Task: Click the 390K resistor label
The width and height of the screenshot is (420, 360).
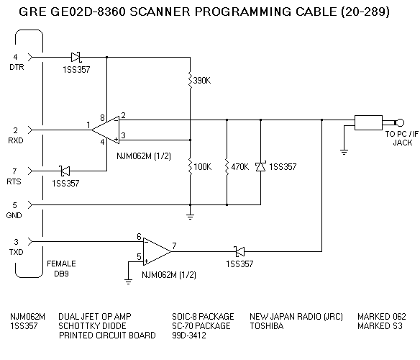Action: point(203,80)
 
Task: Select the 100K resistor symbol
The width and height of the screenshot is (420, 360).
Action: point(190,167)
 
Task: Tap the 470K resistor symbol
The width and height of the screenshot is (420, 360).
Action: point(227,167)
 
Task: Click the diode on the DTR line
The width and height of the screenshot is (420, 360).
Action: point(77,56)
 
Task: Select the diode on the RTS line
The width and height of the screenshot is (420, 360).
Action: point(64,171)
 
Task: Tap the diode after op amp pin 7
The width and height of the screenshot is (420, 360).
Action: point(239,251)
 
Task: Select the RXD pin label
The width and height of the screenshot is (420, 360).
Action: point(16,140)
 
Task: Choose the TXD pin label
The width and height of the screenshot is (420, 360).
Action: point(16,251)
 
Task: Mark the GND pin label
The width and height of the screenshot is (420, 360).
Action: point(16,215)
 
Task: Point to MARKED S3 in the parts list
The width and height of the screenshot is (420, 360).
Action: point(381,326)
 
